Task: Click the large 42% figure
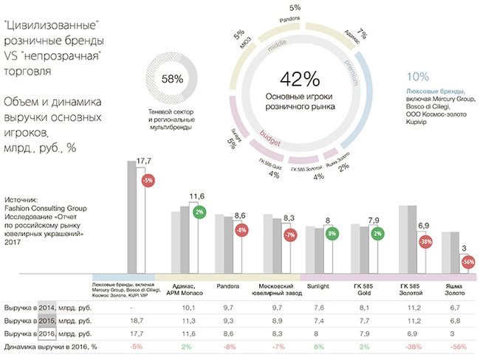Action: pyautogui.click(x=299, y=79)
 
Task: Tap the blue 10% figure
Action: pyautogui.click(x=417, y=76)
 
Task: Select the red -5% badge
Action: pyautogui.click(x=148, y=179)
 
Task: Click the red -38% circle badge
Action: pyautogui.click(x=425, y=240)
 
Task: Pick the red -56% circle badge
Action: pyautogui.click(x=467, y=261)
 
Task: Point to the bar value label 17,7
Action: pyautogui.click(x=143, y=160)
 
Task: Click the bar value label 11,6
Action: pyautogui.click(x=197, y=196)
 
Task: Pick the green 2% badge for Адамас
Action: pyautogui.click(x=199, y=212)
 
